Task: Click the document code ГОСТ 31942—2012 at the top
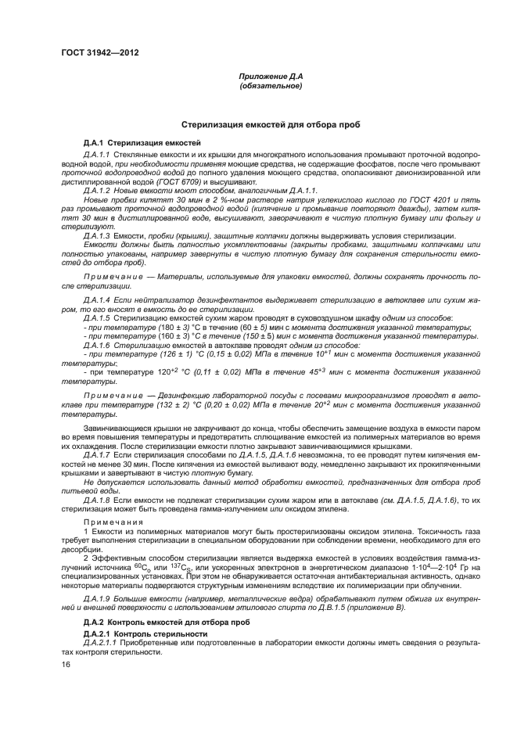pos(104,53)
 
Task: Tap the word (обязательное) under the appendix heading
pos(271,86)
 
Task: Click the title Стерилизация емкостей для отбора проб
pos(271,124)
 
